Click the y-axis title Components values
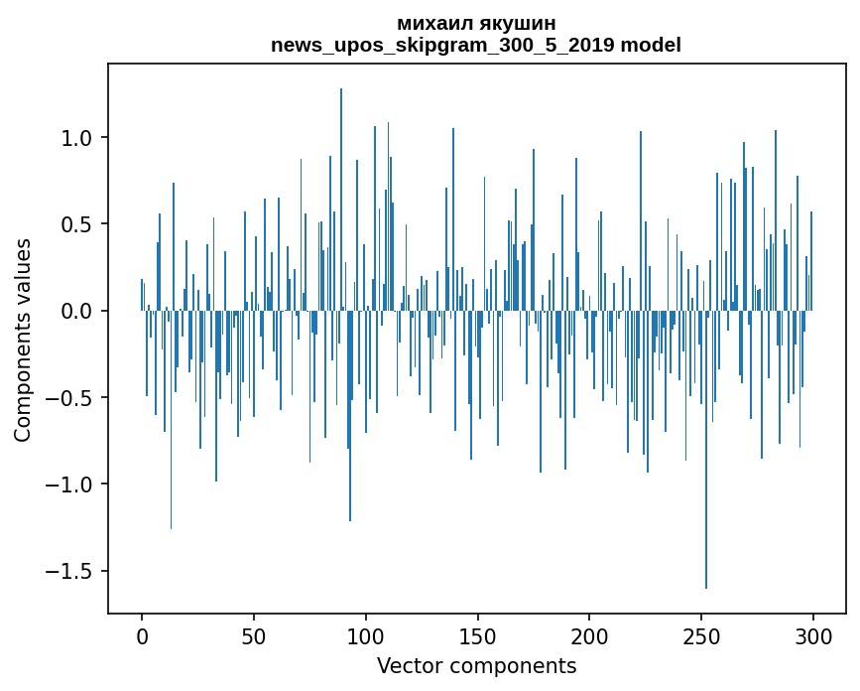click(x=23, y=340)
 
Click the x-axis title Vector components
click(x=476, y=666)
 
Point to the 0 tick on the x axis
click(x=142, y=634)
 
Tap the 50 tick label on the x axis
click(x=254, y=634)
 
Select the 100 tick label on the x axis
click(x=366, y=634)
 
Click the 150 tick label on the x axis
click(x=477, y=634)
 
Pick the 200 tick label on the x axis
click(x=589, y=634)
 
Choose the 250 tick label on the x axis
click(x=701, y=634)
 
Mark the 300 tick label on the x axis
click(x=813, y=634)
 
